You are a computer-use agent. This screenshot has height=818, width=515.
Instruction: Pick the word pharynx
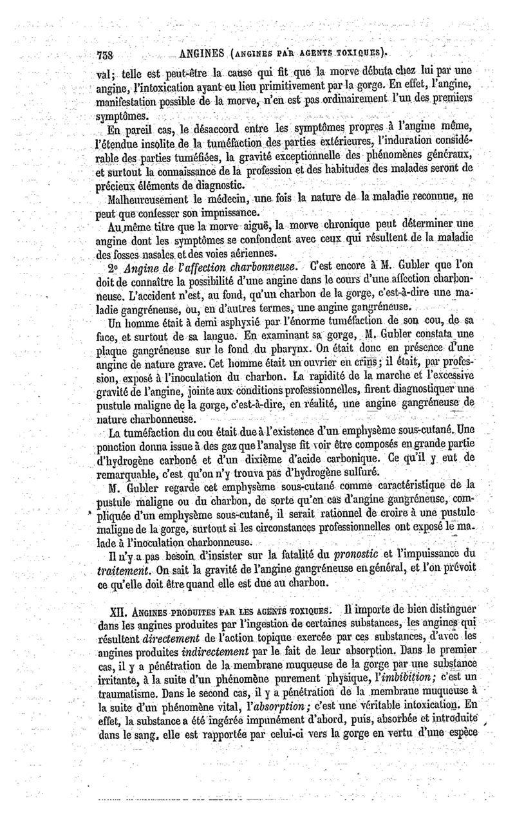coord(296,349)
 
